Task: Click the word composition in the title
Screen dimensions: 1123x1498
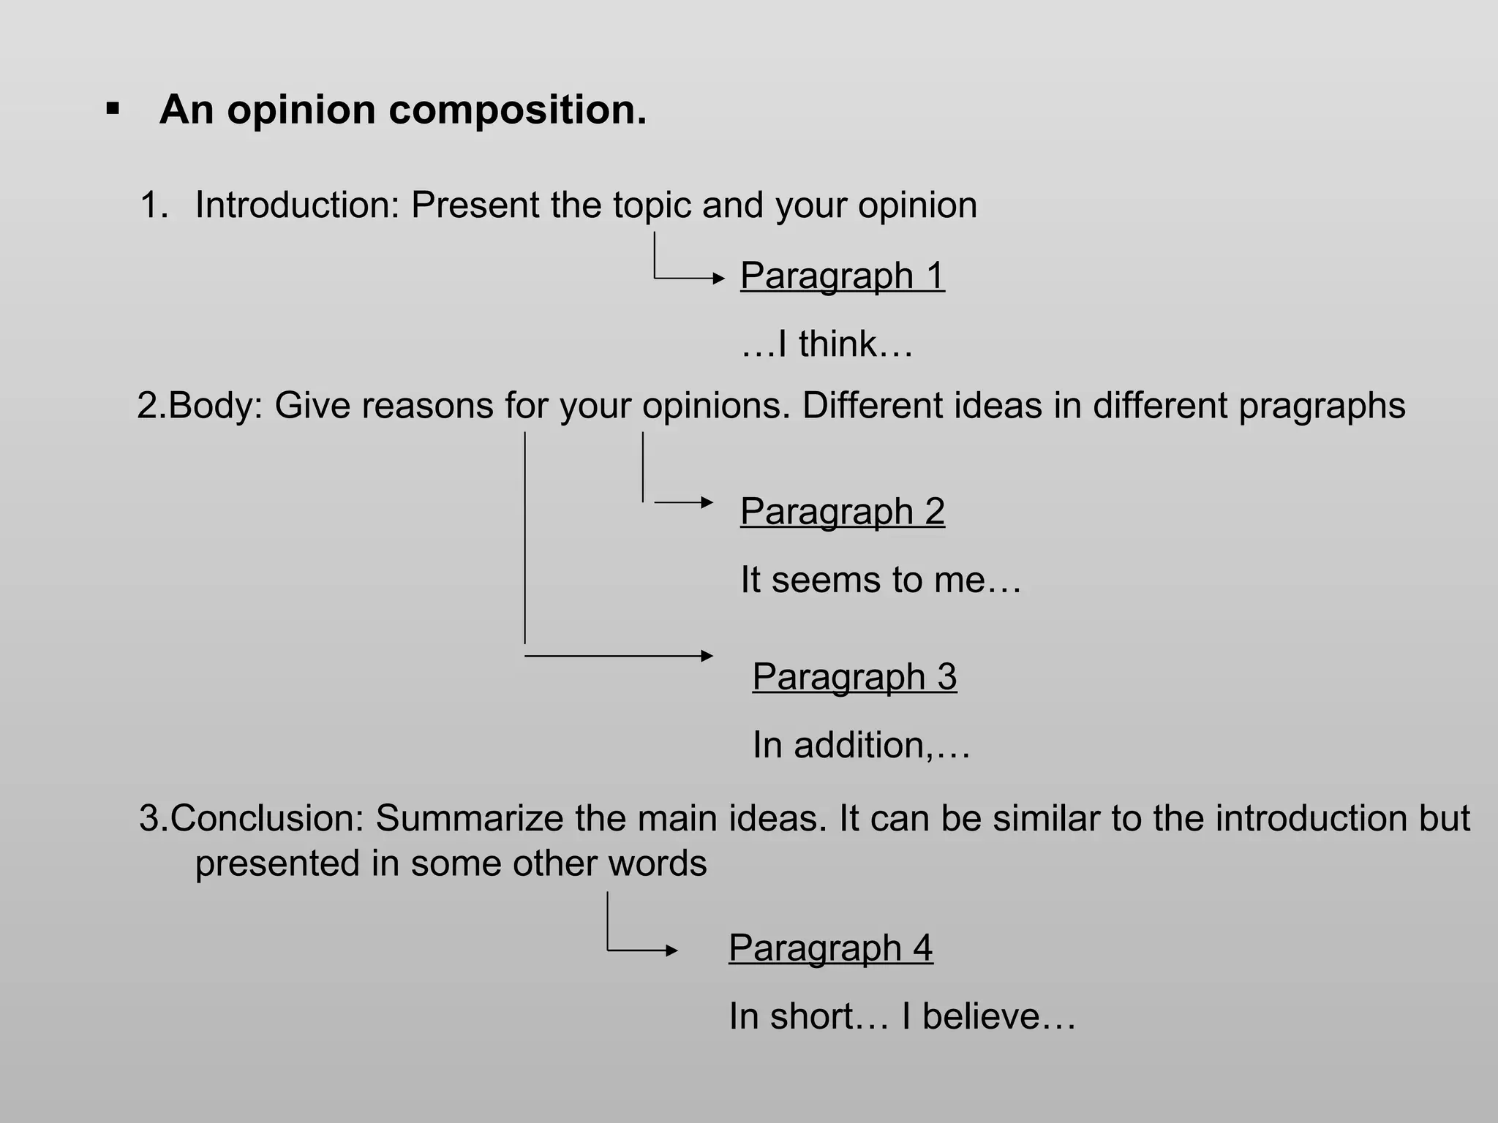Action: pyautogui.click(x=517, y=110)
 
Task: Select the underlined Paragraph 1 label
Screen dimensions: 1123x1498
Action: pyautogui.click(x=842, y=276)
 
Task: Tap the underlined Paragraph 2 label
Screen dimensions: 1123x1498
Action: pyautogui.click(x=842, y=511)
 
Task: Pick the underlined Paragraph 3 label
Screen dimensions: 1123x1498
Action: pyautogui.click(x=854, y=676)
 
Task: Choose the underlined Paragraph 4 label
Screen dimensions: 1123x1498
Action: pyautogui.click(x=830, y=948)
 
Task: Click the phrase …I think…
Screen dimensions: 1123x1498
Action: pyautogui.click(x=827, y=344)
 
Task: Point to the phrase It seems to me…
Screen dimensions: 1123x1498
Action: pyautogui.click(x=880, y=580)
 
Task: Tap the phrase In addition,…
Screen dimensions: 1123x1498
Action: pyautogui.click(x=861, y=745)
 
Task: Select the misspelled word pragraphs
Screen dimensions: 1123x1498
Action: pyautogui.click(x=1322, y=407)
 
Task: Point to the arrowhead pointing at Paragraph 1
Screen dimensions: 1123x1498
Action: pyautogui.click(x=718, y=279)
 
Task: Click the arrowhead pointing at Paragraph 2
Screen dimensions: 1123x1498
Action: pyautogui.click(x=707, y=502)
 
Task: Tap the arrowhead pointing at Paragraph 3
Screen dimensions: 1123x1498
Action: pyautogui.click(x=707, y=656)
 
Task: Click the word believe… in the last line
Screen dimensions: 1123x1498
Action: pyautogui.click(x=999, y=1016)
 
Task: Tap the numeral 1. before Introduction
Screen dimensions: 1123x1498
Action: pyautogui.click(x=154, y=205)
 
